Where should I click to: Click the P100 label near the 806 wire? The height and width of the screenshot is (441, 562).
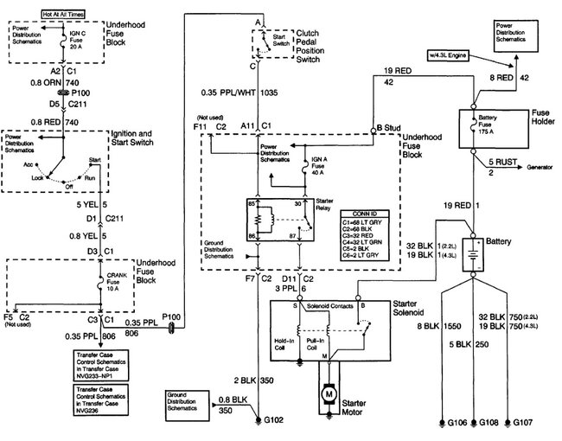pos(171,317)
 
